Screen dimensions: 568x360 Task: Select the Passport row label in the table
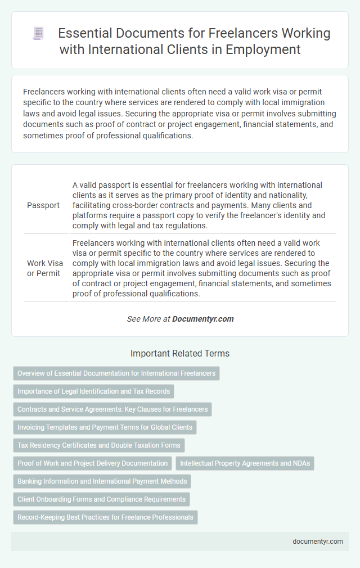click(43, 205)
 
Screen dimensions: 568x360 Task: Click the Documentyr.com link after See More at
click(202, 319)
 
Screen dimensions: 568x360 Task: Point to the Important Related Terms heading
click(179, 354)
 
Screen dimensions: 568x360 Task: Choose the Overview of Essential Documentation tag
click(116, 373)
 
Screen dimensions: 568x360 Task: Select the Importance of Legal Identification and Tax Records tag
click(94, 391)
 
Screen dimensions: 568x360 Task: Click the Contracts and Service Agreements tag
click(112, 409)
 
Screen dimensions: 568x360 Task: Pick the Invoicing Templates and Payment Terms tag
click(105, 427)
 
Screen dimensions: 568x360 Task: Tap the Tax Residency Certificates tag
click(98, 445)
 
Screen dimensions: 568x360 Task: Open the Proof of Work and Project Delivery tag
click(92, 463)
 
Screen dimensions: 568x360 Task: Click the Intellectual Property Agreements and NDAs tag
click(245, 463)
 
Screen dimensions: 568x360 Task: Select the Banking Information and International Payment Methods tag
click(102, 481)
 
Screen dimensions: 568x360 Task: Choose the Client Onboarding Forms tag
click(101, 499)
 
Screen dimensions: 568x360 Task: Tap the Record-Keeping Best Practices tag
click(105, 517)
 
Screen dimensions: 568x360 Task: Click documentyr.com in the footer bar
click(317, 542)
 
